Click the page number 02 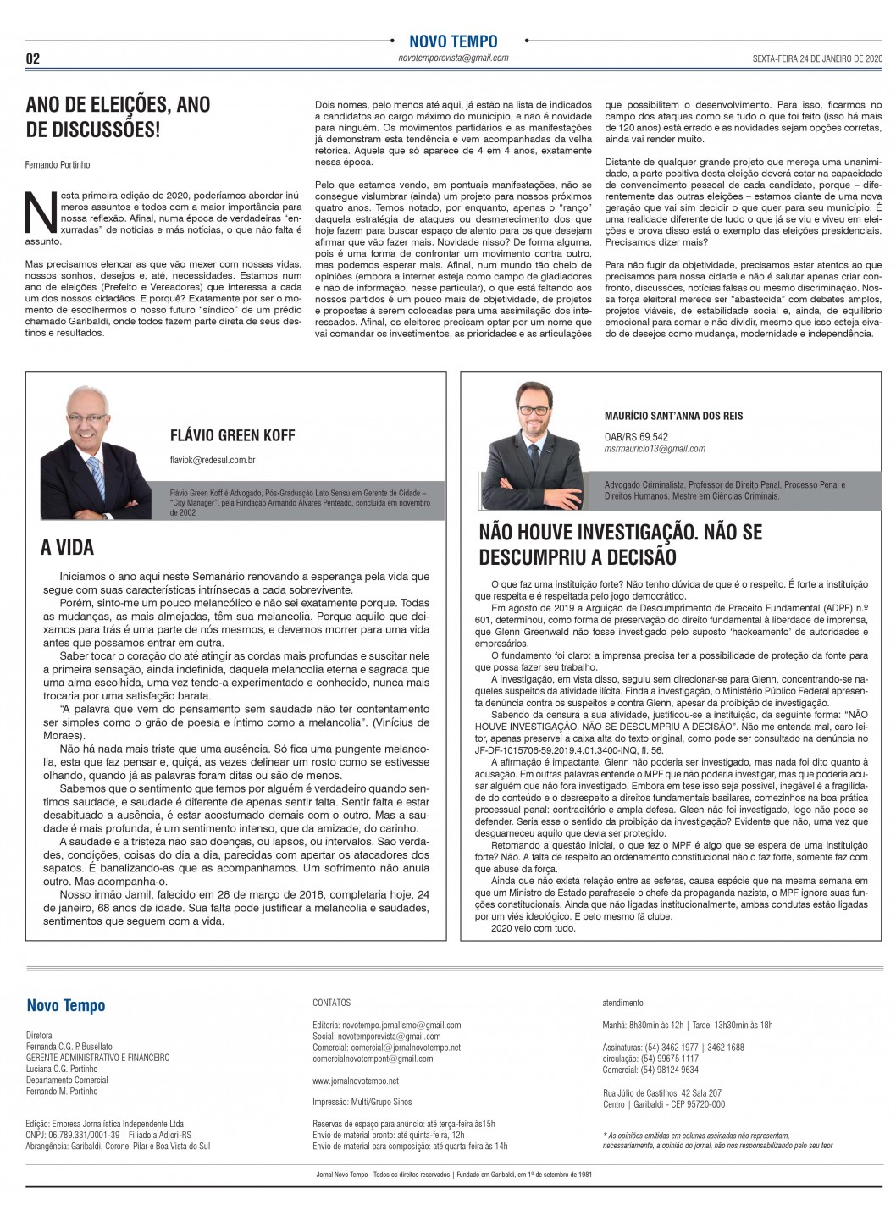tap(33, 58)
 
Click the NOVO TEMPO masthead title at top tap(453, 41)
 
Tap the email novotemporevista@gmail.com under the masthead tap(453, 58)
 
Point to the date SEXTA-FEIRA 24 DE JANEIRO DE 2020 tap(817, 58)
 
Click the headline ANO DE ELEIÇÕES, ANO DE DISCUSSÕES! tap(118, 116)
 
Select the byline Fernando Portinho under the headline tap(58, 164)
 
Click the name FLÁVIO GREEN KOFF tap(232, 435)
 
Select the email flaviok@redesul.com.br tap(213, 459)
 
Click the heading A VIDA tap(67, 547)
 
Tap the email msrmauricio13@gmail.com tap(655, 449)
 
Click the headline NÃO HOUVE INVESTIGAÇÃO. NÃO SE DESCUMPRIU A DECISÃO tap(620, 545)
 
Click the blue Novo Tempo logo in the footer tap(66, 1005)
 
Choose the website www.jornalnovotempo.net tap(355, 1081)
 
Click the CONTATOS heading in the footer tap(331, 1003)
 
